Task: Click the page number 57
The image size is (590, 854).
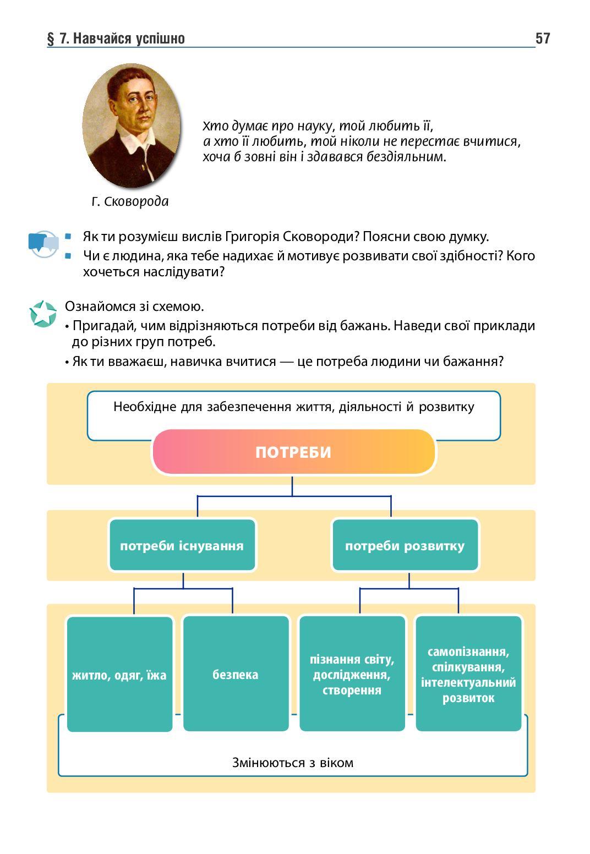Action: pos(542,38)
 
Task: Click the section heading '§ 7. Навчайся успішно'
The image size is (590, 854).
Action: pos(116,39)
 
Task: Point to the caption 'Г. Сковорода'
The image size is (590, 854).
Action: pos(130,201)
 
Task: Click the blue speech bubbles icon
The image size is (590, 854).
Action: pos(43,244)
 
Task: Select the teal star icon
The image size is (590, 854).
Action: pos(43,314)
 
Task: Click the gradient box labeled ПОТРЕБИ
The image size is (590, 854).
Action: pos(293,452)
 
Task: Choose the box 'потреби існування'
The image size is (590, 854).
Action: pos(182,545)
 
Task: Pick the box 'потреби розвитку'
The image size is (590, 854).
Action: pos(405,545)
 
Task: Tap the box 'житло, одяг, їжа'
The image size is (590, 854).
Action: pos(119,674)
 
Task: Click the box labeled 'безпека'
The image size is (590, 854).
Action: pos(236,674)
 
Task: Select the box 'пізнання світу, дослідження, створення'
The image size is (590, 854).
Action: pos(352,674)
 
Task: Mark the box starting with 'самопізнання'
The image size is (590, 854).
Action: pos(468,674)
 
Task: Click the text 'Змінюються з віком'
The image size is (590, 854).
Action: pos(292,763)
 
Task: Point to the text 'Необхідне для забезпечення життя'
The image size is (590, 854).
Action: pos(293,407)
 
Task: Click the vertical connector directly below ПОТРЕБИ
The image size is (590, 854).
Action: pos(292,485)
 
